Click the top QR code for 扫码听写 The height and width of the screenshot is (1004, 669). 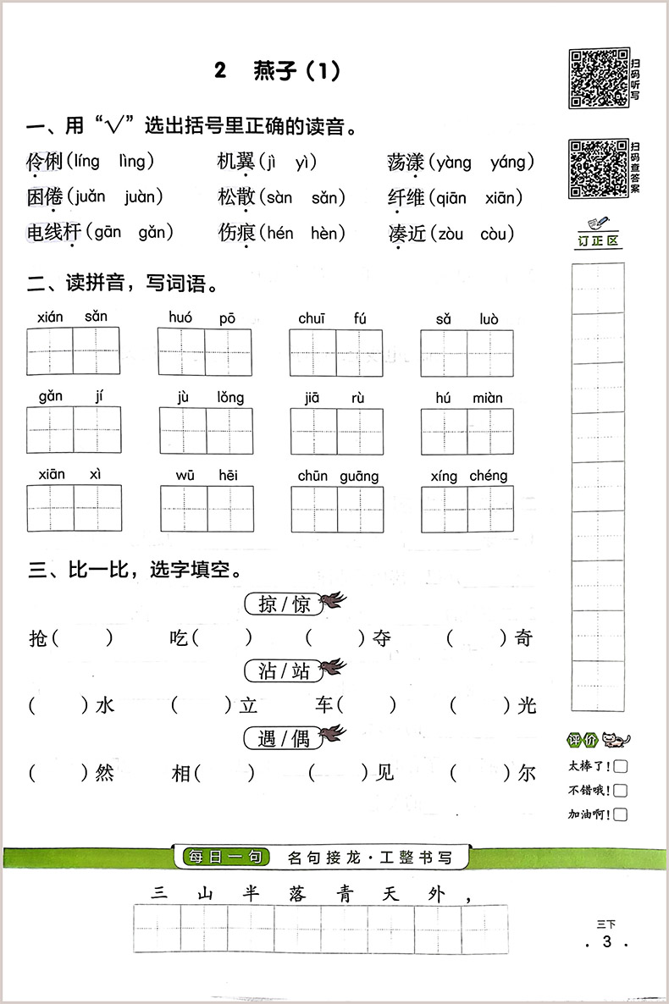click(598, 77)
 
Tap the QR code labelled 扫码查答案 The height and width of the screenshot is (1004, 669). click(598, 168)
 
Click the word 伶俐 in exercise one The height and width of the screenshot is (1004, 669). click(45, 162)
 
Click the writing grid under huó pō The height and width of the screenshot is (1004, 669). click(204, 352)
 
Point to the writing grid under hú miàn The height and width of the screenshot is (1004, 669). click(467, 431)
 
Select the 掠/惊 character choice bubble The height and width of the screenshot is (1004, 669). click(284, 604)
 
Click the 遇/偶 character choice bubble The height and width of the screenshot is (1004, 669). click(284, 739)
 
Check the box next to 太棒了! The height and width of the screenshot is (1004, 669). click(621, 768)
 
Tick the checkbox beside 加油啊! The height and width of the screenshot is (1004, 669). click(621, 815)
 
